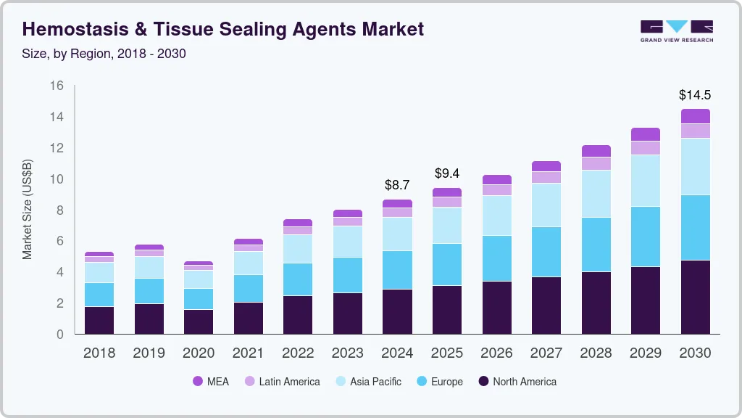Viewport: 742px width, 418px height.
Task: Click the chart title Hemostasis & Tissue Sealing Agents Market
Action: click(223, 29)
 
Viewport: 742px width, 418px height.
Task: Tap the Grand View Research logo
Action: click(676, 30)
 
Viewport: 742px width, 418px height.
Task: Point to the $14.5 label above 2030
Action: click(694, 94)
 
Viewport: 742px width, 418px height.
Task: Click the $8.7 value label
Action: click(397, 185)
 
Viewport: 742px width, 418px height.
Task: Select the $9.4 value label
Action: click(447, 173)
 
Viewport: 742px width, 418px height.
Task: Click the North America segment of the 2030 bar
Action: click(695, 297)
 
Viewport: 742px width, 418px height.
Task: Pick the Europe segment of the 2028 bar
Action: click(596, 245)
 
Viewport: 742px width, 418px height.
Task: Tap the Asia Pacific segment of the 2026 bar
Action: click(497, 216)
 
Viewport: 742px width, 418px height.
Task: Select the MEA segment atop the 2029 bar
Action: click(646, 134)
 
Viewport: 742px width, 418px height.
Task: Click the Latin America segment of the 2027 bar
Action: click(546, 177)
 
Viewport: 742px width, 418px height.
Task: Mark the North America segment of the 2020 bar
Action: click(199, 321)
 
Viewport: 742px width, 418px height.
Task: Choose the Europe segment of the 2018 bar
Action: click(99, 295)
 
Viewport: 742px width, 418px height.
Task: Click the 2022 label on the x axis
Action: click(298, 353)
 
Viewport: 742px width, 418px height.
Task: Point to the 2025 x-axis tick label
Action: click(447, 353)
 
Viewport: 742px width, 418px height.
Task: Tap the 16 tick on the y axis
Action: click(57, 86)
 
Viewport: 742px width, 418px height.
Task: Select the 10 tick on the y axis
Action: click(57, 179)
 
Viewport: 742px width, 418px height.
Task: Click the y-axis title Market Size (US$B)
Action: click(28, 210)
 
